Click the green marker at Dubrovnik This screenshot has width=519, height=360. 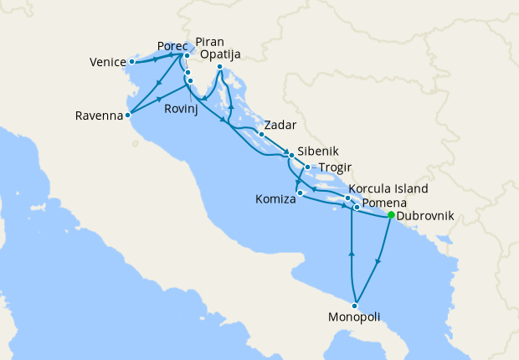click(391, 215)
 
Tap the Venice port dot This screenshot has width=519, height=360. click(132, 62)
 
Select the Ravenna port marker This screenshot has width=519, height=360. click(127, 116)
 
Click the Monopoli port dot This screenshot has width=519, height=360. click(357, 305)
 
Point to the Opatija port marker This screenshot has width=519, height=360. click(219, 67)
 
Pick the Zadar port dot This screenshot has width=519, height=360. click(261, 134)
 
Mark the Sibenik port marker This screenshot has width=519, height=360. click(291, 155)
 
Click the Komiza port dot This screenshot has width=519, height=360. click(300, 193)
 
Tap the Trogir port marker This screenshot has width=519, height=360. click(308, 167)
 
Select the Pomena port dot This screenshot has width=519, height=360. click(357, 206)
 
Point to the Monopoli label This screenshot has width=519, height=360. click(354, 317)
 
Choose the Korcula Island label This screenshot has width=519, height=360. click(388, 189)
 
